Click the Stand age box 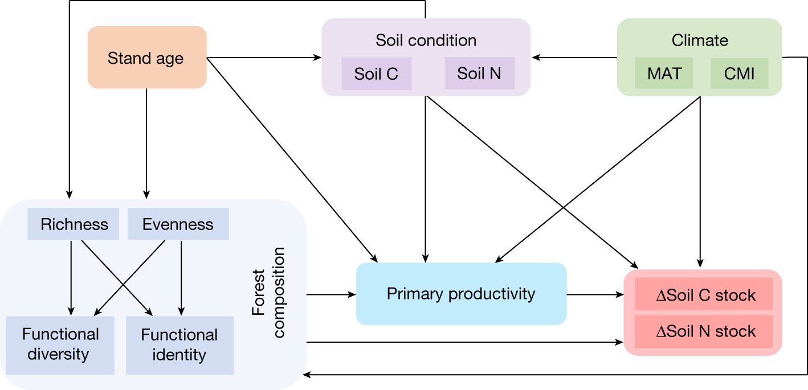(146, 58)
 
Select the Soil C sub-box (376, 74)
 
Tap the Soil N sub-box (479, 73)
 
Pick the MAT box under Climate (664, 73)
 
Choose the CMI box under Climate (740, 73)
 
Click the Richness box (74, 224)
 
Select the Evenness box (178, 224)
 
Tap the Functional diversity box (60, 344)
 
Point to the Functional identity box (179, 345)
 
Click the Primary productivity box (461, 294)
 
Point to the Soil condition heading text (426, 40)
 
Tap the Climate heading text (700, 40)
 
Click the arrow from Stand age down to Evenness (146, 142)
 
